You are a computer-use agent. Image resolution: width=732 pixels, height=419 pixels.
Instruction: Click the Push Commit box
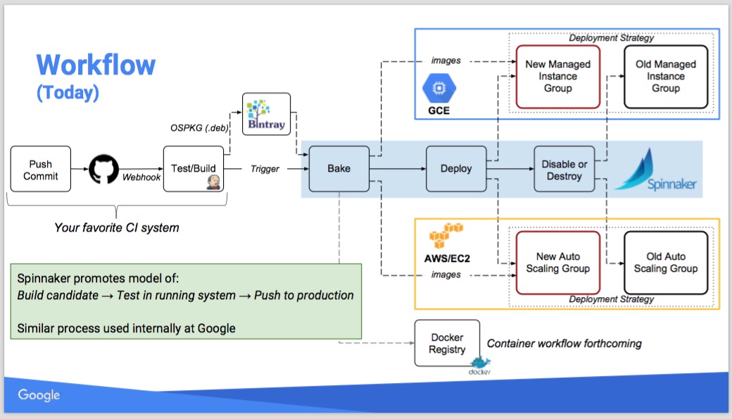click(41, 169)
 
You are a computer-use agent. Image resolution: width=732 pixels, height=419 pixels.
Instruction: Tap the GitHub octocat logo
click(105, 169)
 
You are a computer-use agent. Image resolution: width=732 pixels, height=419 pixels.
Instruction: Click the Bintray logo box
click(266, 114)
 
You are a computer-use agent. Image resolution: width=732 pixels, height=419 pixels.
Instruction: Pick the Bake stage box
click(339, 169)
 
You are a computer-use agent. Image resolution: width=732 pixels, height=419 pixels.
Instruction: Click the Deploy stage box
click(456, 169)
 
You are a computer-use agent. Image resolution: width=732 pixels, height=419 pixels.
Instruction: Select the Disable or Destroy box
click(563, 170)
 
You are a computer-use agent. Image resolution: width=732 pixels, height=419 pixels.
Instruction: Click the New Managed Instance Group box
click(557, 77)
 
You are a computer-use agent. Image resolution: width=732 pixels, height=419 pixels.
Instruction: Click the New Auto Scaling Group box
click(557, 263)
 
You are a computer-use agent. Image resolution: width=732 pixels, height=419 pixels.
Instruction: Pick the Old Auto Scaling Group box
click(665, 263)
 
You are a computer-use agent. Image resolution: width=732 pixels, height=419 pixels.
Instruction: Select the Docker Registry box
click(447, 343)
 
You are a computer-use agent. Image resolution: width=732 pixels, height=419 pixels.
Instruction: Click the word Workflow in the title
click(96, 65)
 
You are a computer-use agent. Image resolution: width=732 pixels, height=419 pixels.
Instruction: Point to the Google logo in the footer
click(39, 396)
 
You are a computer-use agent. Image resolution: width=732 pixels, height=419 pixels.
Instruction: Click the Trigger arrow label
click(265, 169)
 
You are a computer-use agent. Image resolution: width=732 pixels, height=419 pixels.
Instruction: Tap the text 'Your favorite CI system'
click(117, 227)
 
